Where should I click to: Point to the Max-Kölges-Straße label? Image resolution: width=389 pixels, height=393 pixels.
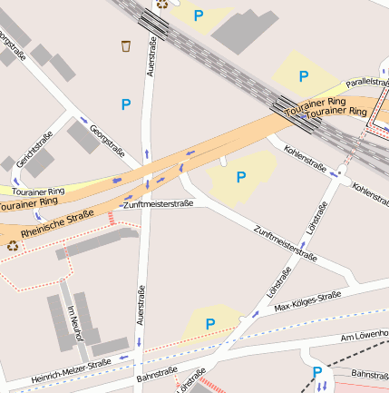tap(306, 301)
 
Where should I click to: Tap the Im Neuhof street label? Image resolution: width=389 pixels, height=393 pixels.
tap(74, 323)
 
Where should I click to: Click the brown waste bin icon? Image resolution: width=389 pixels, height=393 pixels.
tap(125, 45)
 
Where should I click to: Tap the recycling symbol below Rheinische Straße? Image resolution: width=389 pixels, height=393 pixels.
tap(13, 244)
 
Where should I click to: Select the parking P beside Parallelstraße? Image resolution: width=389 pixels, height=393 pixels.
tap(304, 76)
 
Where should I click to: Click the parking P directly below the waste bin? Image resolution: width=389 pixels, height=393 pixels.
tap(125, 105)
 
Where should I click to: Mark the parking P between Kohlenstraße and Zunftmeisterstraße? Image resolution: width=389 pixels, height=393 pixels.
tap(241, 177)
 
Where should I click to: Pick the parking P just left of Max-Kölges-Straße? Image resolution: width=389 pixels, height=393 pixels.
tap(210, 323)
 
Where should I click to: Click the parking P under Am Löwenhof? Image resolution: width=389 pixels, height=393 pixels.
tap(317, 372)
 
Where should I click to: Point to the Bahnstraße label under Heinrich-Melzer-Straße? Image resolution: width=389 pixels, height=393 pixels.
tap(156, 373)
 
